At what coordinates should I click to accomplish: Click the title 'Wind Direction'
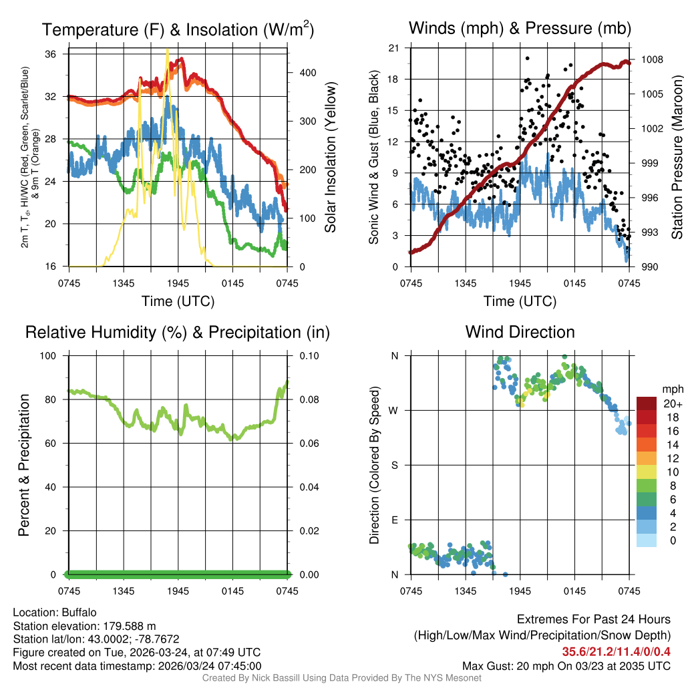tap(520, 332)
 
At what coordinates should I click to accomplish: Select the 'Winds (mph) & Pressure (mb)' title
tap(520, 29)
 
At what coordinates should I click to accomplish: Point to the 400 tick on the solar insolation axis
tap(299, 72)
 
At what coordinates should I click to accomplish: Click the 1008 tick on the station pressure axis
tap(651, 59)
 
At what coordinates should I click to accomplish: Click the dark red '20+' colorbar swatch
tap(647, 404)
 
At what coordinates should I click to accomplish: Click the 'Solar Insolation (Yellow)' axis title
tap(331, 158)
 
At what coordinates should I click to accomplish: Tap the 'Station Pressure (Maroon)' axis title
tap(677, 158)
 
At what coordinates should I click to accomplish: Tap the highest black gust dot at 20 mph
tap(527, 59)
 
